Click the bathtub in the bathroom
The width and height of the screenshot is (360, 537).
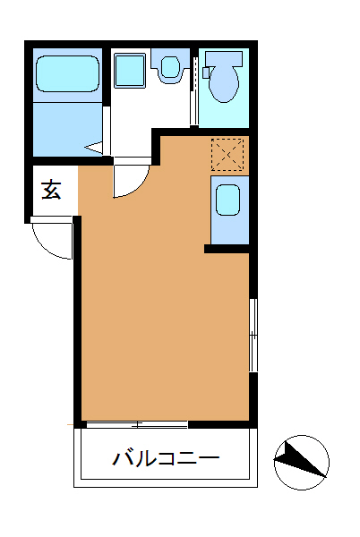68,74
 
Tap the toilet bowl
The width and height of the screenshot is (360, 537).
224,82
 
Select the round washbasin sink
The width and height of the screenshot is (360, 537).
170,67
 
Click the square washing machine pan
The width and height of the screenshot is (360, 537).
130,70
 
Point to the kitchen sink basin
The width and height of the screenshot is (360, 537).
227,200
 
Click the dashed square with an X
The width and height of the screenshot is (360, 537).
227,155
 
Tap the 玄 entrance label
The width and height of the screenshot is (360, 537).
51,190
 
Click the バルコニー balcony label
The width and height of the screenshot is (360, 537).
166,458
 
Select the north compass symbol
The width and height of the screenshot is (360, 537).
302,463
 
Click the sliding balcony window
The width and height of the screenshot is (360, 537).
137,424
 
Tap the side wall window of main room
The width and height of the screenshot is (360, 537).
253,335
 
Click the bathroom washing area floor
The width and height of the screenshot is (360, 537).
67,129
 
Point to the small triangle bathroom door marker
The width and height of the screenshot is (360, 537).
94,148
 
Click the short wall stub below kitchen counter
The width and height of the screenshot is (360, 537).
227,249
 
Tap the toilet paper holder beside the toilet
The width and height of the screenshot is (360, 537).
206,72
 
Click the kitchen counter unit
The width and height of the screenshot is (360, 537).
230,210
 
